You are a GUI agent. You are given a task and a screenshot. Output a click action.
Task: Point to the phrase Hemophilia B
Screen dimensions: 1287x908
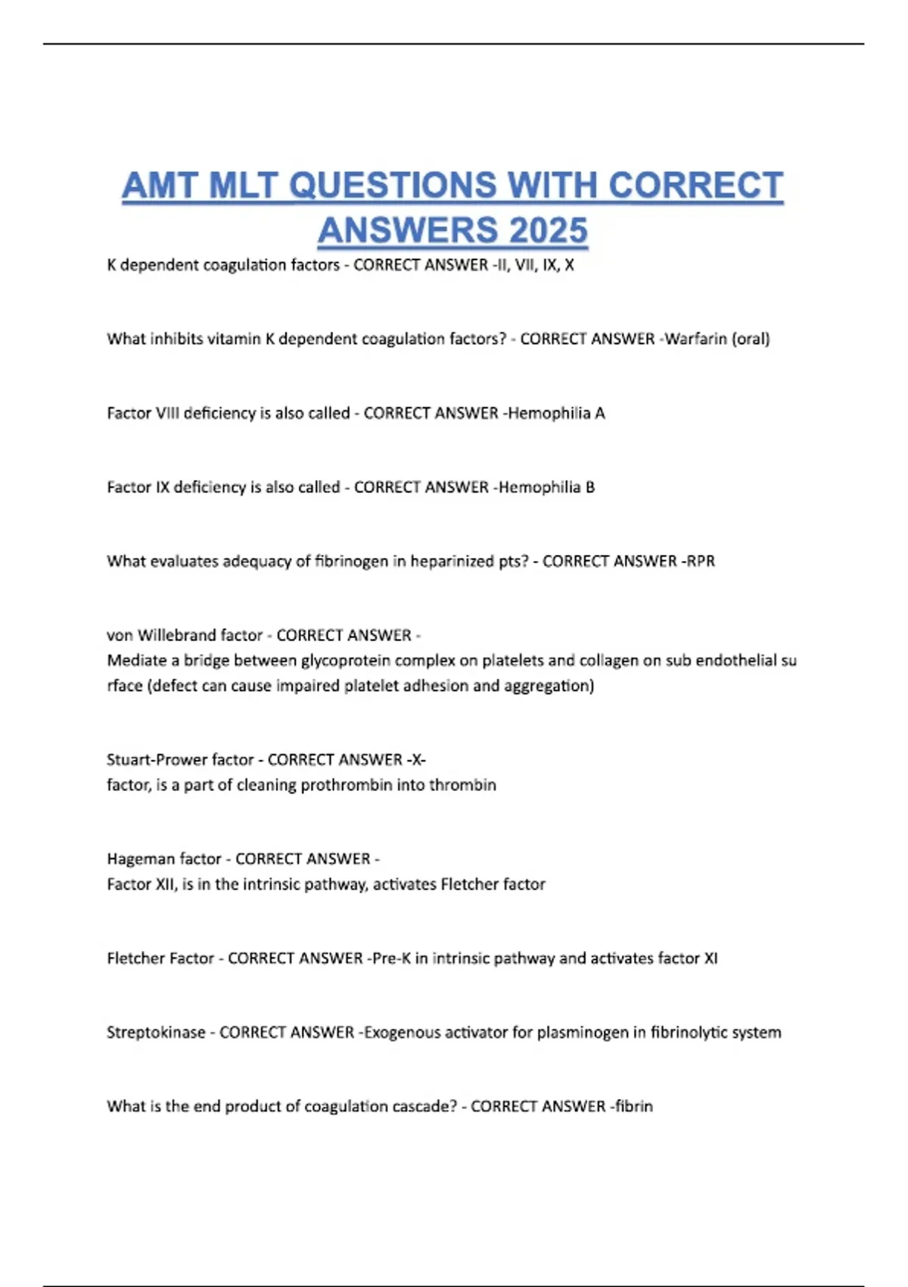coord(547,487)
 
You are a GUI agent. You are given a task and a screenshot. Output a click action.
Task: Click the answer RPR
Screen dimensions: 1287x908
coord(701,561)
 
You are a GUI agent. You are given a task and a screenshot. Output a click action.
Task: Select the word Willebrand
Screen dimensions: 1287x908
coord(179,634)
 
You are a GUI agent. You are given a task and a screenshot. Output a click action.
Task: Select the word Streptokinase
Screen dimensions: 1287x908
coord(156,1032)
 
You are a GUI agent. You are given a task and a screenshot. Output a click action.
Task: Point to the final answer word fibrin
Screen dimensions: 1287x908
coord(634,1106)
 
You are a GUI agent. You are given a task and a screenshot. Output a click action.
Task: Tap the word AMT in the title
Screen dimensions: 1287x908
coord(160,185)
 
